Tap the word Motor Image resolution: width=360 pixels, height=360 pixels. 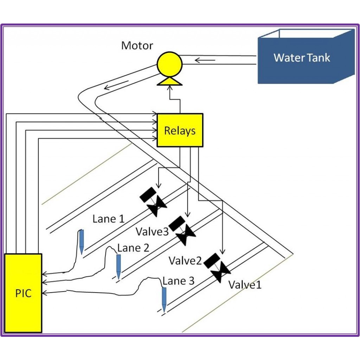tap(137, 46)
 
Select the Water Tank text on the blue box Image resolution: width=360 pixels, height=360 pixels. tap(302, 58)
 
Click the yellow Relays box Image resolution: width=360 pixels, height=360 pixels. tap(180, 130)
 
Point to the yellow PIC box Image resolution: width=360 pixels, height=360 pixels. tap(23, 293)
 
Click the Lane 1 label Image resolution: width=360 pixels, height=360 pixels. tap(108, 219)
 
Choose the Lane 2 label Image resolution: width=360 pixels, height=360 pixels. tap(133, 247)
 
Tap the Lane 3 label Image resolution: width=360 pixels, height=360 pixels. tap(178, 281)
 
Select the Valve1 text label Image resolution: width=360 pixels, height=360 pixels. tap(245, 284)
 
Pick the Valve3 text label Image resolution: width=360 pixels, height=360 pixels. tap(152, 231)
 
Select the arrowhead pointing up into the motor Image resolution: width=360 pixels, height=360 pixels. tap(169, 88)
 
